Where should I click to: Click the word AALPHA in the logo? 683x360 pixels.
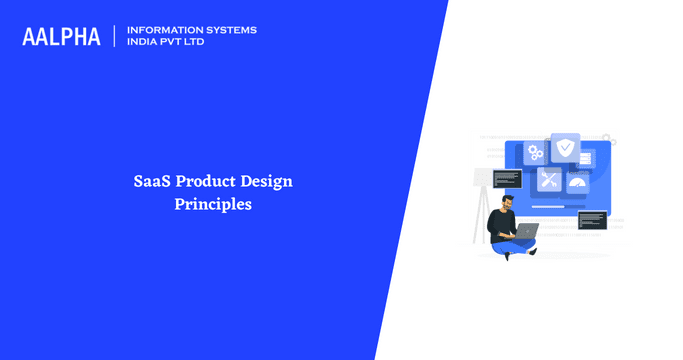point(61,36)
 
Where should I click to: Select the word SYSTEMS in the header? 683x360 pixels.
point(227,30)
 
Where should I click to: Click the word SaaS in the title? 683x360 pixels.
point(153,182)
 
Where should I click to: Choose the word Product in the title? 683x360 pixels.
point(205,182)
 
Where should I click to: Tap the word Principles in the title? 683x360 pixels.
point(212,205)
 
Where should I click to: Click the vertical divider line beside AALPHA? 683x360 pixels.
point(115,36)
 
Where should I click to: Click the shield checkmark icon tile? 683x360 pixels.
point(565,149)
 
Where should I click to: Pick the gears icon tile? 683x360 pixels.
point(536,153)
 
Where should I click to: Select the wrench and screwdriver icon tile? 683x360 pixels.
point(550,179)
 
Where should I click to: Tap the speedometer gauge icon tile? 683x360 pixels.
point(577,182)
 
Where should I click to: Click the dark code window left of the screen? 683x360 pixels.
point(507,179)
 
